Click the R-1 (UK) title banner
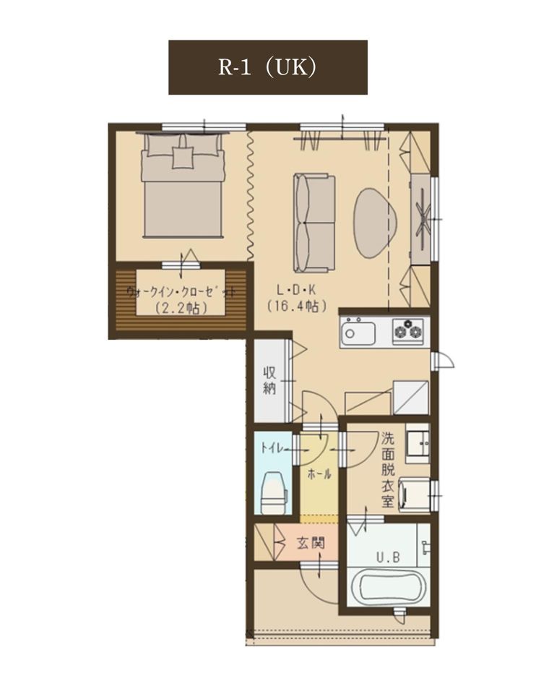tap(267, 67)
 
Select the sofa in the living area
tap(314, 223)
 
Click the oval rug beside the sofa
tap(375, 223)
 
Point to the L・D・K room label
tap(296, 291)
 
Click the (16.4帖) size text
tap(297, 306)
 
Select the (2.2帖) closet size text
tap(182, 308)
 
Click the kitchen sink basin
tap(358, 332)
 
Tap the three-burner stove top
tap(407, 330)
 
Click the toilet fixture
tap(275, 492)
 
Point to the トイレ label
tap(272, 448)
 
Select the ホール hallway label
tap(319, 475)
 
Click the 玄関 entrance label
tap(311, 542)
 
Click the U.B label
tap(389, 557)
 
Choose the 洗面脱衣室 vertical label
tap(388, 469)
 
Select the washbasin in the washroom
tap(418, 443)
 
